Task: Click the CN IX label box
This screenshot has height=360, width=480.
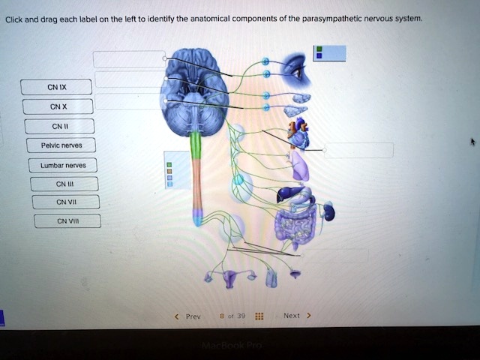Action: (x=56, y=87)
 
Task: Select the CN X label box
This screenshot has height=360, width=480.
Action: (x=57, y=106)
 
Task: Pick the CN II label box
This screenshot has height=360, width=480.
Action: (x=58, y=126)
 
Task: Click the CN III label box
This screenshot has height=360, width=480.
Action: (x=64, y=184)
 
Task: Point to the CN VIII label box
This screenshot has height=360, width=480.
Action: (x=67, y=220)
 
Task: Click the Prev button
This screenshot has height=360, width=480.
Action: (x=191, y=316)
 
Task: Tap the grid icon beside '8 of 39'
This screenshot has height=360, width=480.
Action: (x=259, y=316)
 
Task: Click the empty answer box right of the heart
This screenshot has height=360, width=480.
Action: (x=358, y=150)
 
